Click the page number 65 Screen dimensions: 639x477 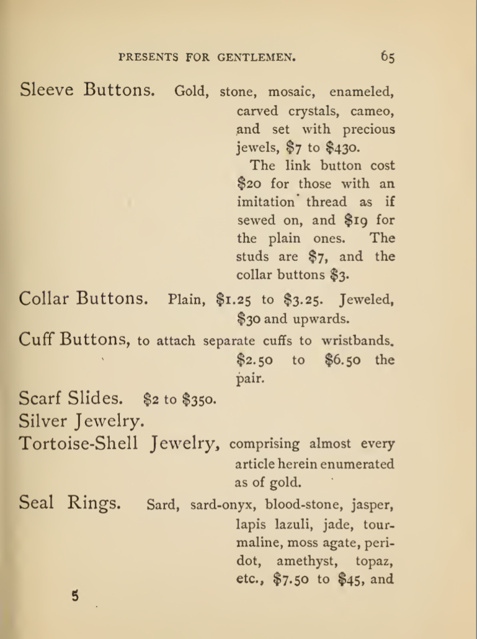388,57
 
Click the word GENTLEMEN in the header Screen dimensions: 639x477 256,58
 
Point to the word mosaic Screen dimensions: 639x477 292,92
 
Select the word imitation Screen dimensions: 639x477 266,202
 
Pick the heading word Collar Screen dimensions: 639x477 45,298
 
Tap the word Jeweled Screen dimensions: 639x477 367,300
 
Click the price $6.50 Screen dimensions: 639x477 344,360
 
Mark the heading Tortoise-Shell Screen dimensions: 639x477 79,444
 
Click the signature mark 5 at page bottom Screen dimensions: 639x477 75,597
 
